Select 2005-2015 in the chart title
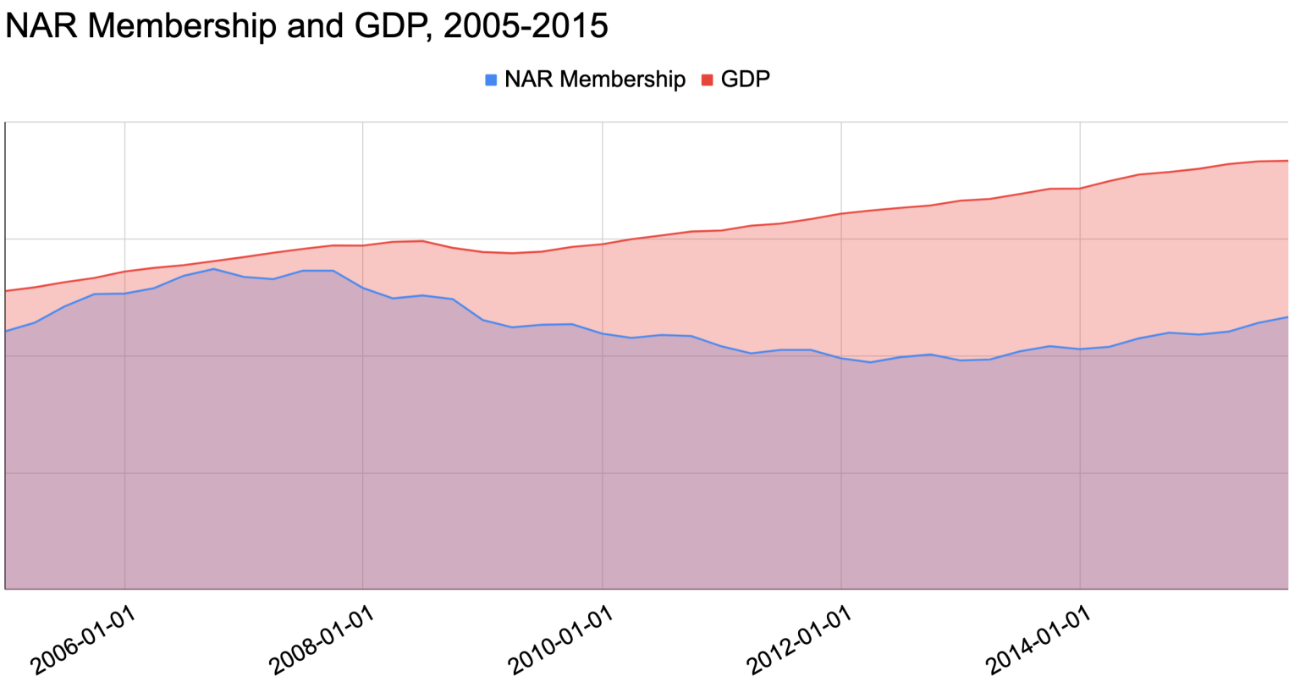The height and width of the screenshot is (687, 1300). [x=525, y=25]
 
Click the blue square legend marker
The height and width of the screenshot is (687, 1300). [x=491, y=80]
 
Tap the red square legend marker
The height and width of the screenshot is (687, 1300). [x=708, y=80]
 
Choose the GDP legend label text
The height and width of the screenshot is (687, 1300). [x=745, y=80]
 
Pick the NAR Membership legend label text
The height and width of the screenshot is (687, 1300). [x=594, y=80]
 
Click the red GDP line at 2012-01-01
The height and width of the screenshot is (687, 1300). [x=841, y=213]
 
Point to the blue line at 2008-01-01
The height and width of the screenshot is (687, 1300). [x=363, y=289]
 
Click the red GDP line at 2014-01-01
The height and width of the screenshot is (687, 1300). [x=1081, y=189]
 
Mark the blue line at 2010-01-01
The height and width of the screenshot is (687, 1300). [x=603, y=333]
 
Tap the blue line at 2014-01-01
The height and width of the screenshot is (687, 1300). [x=1081, y=349]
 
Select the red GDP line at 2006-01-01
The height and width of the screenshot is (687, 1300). [x=124, y=272]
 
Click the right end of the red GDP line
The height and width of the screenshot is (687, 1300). [x=1287, y=161]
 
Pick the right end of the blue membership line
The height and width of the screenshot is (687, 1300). [x=1287, y=317]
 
